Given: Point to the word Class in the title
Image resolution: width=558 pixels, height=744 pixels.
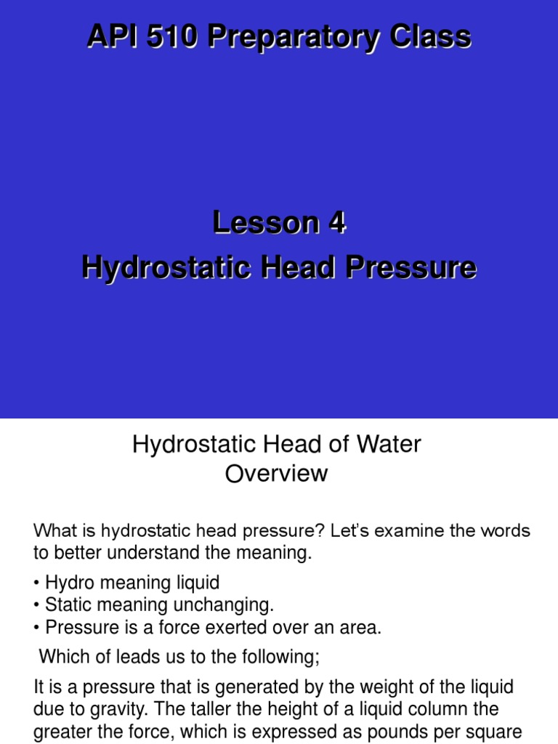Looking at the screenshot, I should [429, 36].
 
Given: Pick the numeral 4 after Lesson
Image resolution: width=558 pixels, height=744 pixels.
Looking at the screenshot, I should [336, 224].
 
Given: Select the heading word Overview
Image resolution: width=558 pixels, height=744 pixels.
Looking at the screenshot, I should [276, 474].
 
